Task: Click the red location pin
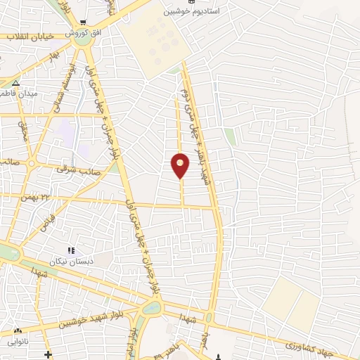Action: point(180,165)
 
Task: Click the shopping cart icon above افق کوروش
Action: point(83,22)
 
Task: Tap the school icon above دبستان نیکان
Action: point(70,250)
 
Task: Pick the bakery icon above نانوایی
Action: point(17,330)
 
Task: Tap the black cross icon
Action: point(48,354)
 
